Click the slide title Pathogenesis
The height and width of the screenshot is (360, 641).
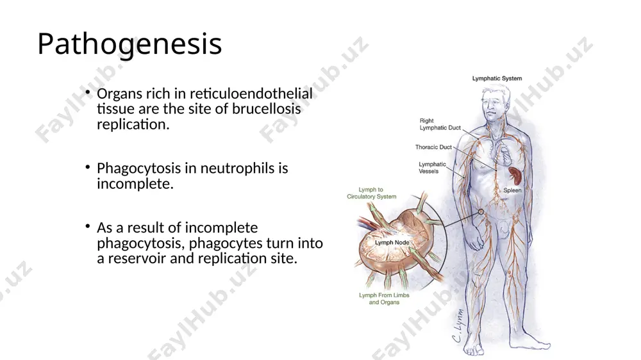tap(129, 44)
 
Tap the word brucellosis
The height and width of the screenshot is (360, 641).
tap(267, 109)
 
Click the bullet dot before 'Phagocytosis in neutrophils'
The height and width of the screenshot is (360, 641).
tap(87, 167)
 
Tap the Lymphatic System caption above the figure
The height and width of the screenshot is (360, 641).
tap(497, 78)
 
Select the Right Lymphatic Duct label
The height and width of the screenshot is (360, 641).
tap(440, 124)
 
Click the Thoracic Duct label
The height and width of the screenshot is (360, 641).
tap(433, 147)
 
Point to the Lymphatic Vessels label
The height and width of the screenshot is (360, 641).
tap(432, 168)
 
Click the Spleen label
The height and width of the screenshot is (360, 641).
tap(512, 190)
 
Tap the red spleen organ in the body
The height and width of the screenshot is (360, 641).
tap(515, 175)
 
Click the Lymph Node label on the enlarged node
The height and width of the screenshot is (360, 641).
tap(392, 242)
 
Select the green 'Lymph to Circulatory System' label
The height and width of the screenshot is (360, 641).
tap(372, 193)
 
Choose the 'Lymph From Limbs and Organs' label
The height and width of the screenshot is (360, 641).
tap(384, 299)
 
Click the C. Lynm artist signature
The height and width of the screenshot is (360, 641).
tap(459, 325)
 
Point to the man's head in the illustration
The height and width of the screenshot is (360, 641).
tap(495, 103)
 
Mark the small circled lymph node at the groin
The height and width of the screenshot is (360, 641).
tap(481, 211)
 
